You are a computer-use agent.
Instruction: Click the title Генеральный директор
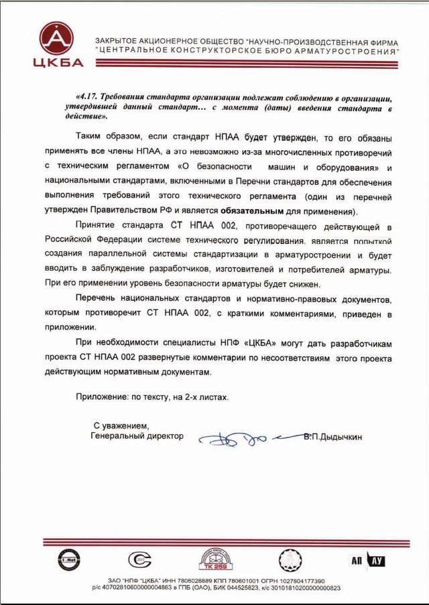coord(137,436)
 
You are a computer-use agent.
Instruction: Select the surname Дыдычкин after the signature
coord(338,436)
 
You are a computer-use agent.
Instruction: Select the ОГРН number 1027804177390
coord(297,580)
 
